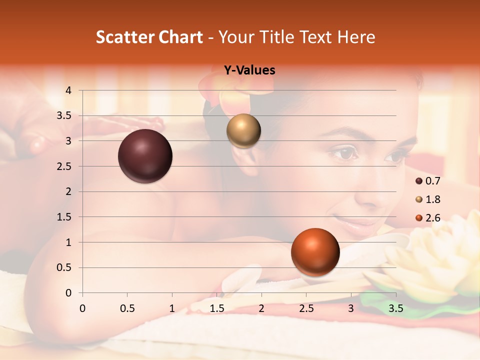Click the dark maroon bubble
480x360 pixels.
(x=145, y=156)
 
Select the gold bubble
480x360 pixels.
(x=243, y=131)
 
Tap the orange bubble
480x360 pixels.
(x=315, y=252)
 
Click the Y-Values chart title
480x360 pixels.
(x=249, y=70)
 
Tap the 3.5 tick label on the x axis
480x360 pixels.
(x=395, y=308)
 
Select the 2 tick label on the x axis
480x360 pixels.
(x=261, y=308)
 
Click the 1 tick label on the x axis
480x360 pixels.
(x=172, y=308)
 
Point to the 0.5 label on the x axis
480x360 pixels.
(x=127, y=308)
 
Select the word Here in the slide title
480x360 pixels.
(x=355, y=37)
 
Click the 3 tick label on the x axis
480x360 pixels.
(x=351, y=308)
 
